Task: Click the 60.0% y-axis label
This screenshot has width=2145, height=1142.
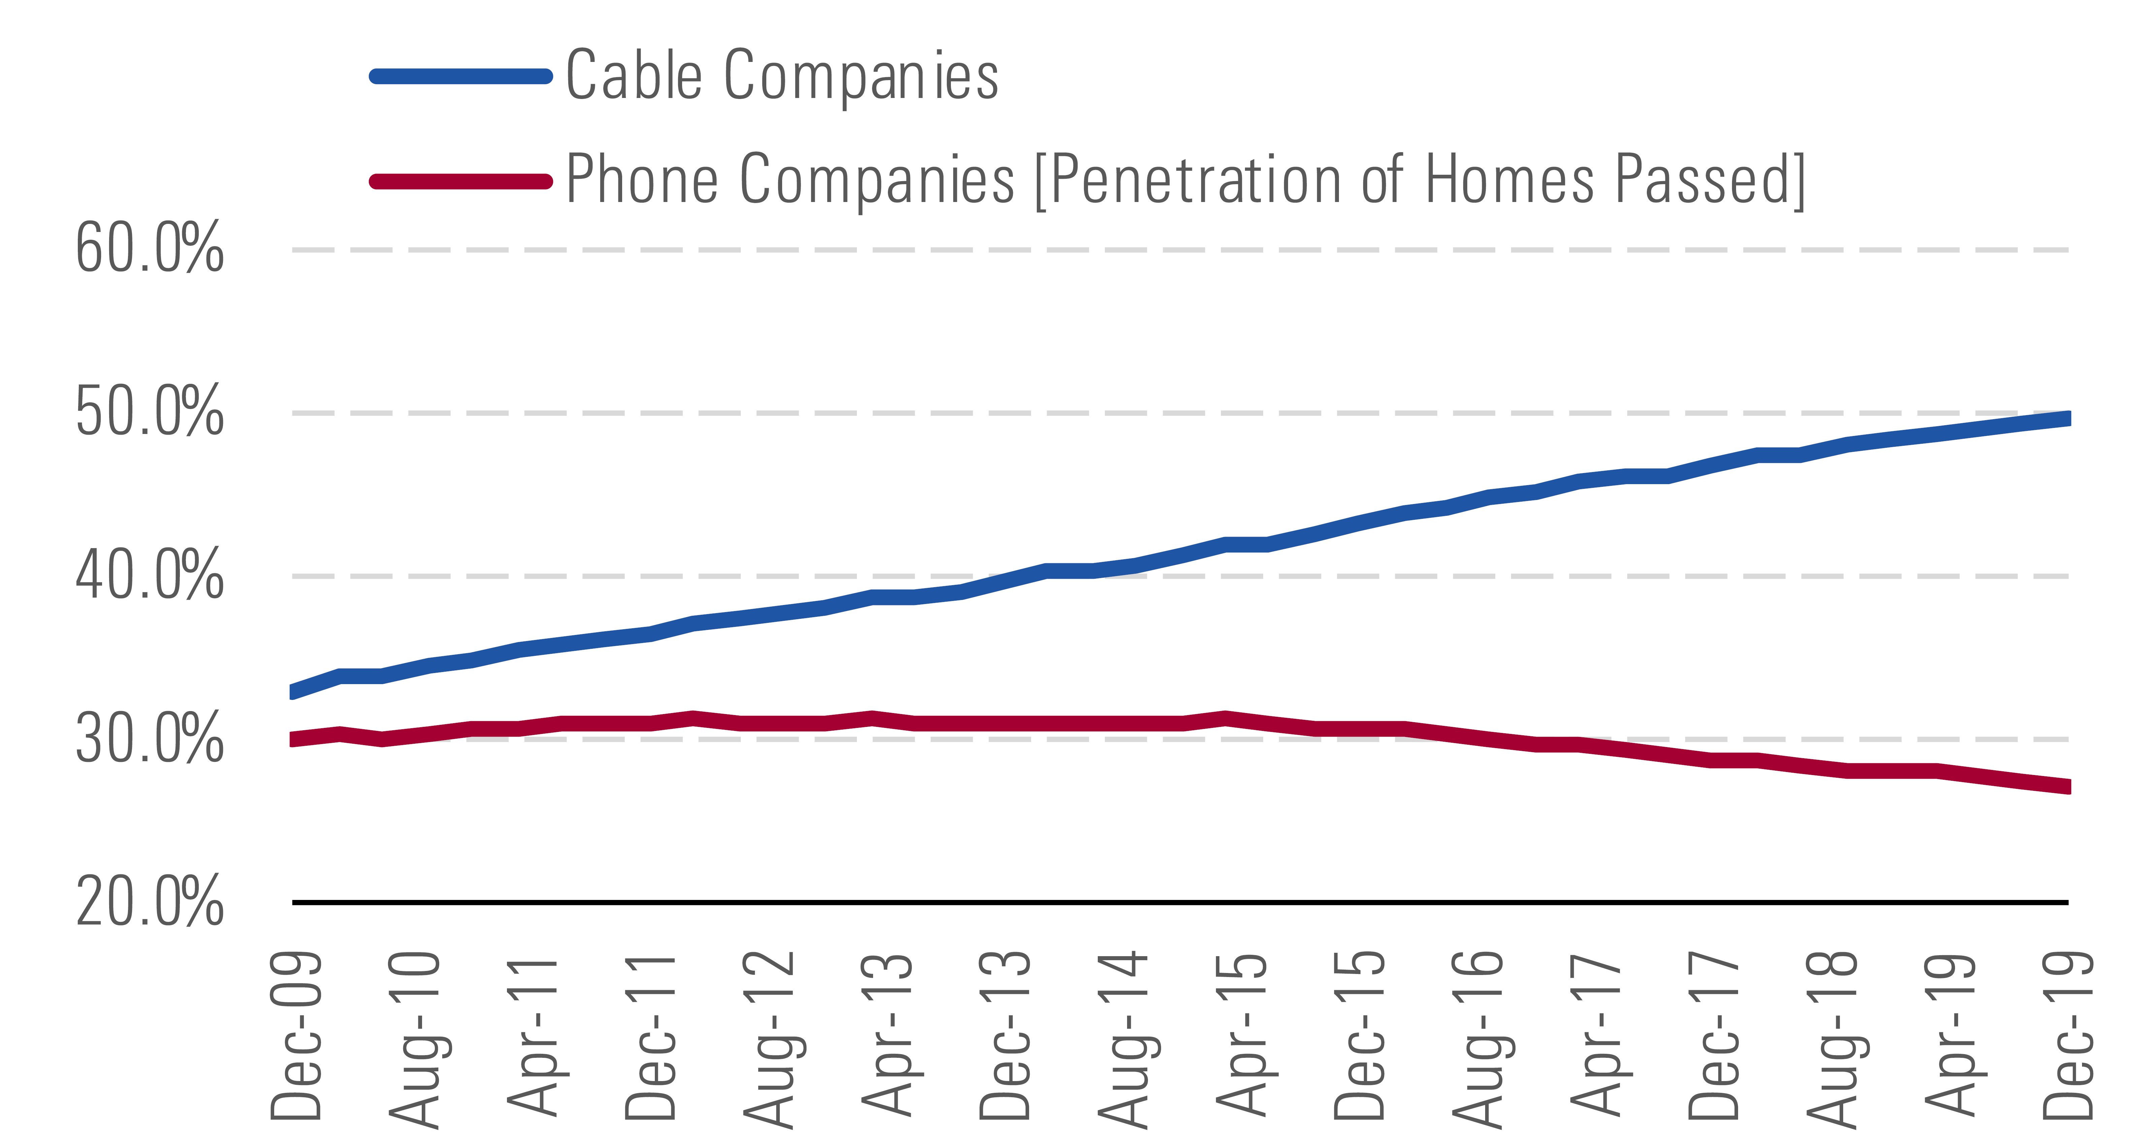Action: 150,248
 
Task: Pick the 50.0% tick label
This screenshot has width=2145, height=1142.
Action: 150,411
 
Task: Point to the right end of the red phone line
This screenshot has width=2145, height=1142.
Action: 2067,786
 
